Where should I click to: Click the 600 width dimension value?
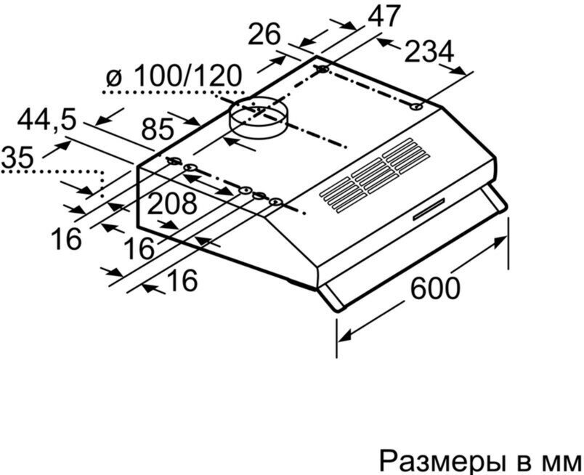point(435,288)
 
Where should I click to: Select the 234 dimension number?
point(428,52)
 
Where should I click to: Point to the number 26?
point(266,34)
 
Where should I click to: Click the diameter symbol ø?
point(112,78)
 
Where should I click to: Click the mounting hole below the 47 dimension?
point(321,70)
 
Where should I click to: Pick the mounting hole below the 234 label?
point(416,107)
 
